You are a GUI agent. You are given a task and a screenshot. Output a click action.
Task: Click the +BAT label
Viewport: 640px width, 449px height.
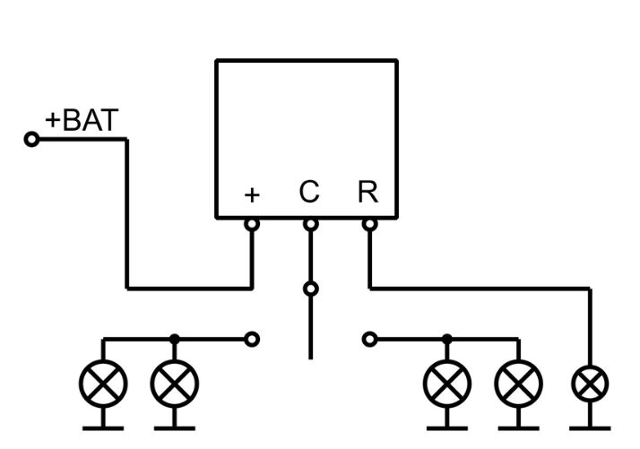tap(82, 121)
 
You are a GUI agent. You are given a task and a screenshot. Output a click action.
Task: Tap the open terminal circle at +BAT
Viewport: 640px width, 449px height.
tap(31, 139)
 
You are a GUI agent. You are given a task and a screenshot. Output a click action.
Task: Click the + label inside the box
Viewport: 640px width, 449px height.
tap(252, 194)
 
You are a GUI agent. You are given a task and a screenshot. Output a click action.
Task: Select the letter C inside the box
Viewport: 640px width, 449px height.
tap(309, 192)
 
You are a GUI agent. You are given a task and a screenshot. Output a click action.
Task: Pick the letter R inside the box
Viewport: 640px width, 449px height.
tap(368, 192)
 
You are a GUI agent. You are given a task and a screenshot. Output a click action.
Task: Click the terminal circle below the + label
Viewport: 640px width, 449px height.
tap(252, 224)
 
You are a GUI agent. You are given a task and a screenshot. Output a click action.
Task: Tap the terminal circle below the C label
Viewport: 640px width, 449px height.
tap(310, 224)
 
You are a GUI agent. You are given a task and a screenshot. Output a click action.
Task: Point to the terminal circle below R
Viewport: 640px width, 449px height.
tap(368, 224)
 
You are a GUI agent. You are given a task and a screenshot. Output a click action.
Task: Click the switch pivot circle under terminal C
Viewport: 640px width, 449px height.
tap(310, 289)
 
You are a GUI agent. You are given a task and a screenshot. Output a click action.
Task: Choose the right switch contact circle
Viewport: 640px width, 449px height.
tap(368, 339)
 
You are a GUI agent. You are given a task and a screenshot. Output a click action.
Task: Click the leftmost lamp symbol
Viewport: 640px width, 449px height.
tap(103, 384)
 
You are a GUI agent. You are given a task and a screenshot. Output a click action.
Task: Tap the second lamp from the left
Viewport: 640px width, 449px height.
tap(175, 384)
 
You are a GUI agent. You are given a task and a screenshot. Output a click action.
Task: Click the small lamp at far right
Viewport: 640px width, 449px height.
tap(590, 385)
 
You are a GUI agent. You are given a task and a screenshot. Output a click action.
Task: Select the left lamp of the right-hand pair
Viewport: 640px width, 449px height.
tap(446, 384)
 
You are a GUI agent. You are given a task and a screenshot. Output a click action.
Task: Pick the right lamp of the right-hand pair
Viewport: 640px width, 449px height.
tap(518, 384)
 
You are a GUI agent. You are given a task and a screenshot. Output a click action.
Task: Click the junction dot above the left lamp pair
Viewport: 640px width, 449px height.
tap(175, 339)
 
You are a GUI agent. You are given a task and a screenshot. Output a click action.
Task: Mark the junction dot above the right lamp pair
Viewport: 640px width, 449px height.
tap(446, 339)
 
